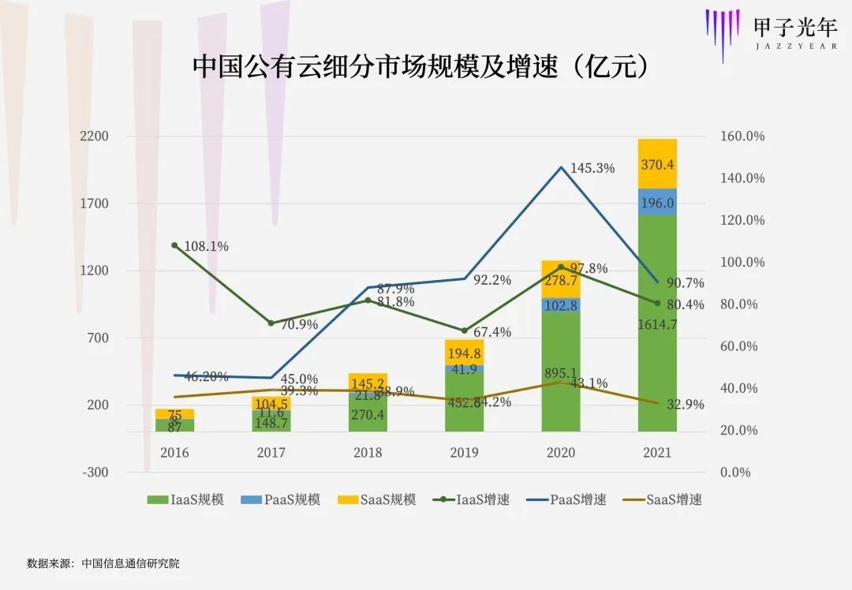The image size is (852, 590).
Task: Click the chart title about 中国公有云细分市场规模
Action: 421,67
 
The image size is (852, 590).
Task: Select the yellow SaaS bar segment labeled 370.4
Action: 657,164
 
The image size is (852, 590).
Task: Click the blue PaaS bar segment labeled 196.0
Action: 657,202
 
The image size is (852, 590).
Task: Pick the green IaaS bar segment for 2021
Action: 657,323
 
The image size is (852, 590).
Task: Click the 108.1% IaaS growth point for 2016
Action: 175,245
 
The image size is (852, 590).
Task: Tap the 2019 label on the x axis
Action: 464,453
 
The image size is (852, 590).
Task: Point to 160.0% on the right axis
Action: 742,136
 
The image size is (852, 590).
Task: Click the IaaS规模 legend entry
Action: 186,499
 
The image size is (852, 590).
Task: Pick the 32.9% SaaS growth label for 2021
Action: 683,405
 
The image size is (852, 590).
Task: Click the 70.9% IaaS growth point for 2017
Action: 271,323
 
